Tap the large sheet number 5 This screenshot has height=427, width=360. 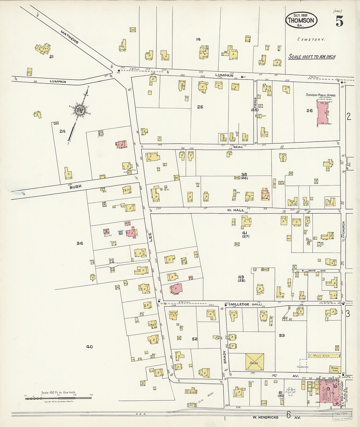339,22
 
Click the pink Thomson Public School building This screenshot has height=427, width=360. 324,113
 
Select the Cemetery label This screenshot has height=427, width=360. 311,40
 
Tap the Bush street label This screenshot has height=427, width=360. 75,187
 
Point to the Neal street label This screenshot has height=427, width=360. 238,147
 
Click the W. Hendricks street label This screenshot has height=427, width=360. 265,417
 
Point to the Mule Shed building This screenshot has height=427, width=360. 324,355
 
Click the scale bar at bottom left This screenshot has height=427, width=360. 58,398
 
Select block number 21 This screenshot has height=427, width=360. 51,57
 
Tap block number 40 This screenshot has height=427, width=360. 89,347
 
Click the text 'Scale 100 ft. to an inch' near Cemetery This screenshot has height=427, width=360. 312,57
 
